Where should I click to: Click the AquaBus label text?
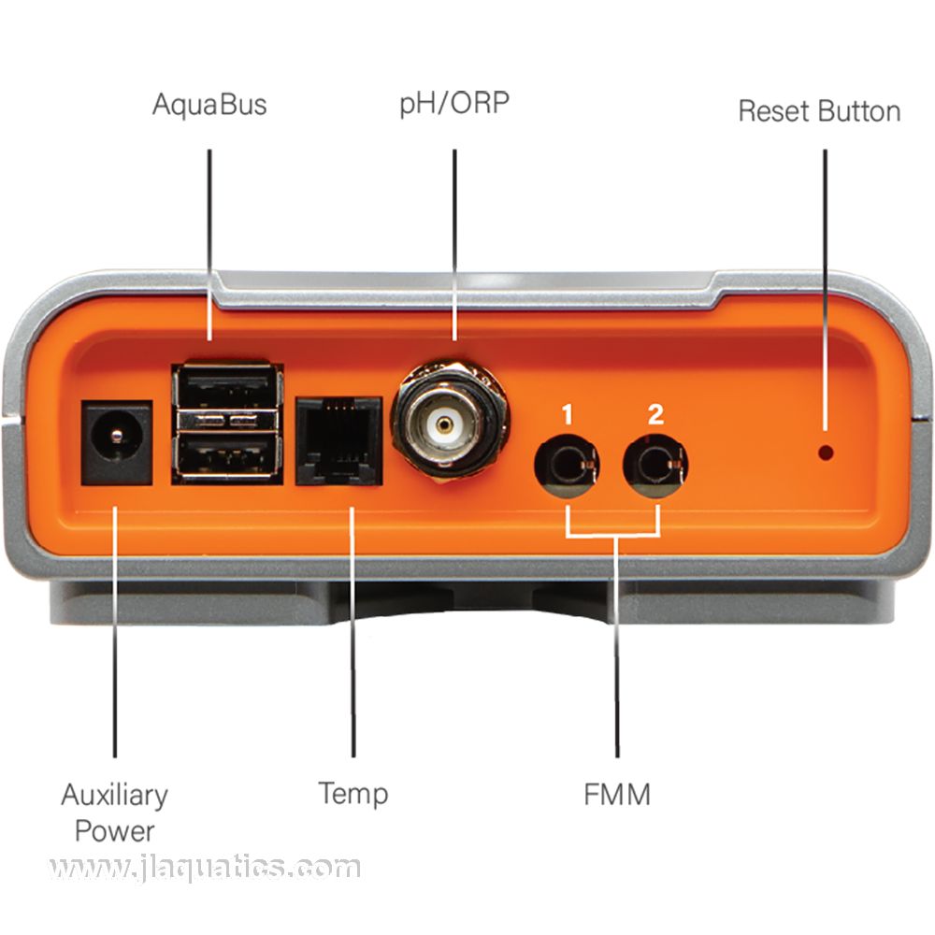[x=209, y=104]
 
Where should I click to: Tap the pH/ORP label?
[x=455, y=103]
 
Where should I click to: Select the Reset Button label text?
[x=819, y=110]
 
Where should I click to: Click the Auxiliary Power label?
[x=114, y=812]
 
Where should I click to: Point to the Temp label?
[x=352, y=794]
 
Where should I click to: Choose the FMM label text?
[x=616, y=795]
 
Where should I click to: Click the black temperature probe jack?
[x=338, y=440]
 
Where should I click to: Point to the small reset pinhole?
[x=826, y=453]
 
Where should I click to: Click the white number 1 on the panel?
[x=568, y=413]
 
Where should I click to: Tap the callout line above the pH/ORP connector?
[x=454, y=243]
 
